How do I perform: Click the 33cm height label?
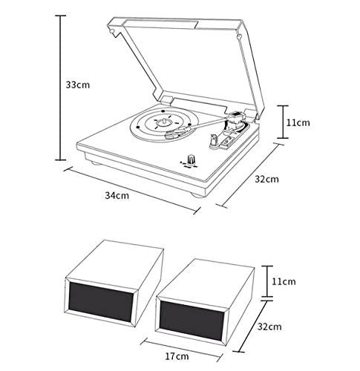click(x=78, y=85)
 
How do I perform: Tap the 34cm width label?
click(x=117, y=195)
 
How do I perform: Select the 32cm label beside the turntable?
click(x=266, y=179)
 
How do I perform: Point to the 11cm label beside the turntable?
click(x=298, y=122)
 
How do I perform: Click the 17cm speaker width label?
click(x=177, y=356)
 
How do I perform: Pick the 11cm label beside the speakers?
click(x=284, y=281)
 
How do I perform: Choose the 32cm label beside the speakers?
click(x=269, y=326)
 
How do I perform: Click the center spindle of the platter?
click(x=164, y=122)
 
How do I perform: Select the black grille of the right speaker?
click(x=192, y=320)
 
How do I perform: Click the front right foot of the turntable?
click(x=198, y=195)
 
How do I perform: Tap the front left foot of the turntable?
click(x=95, y=162)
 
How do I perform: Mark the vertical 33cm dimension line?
click(x=60, y=88)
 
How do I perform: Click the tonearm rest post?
click(x=213, y=140)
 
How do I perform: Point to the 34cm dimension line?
click(x=132, y=190)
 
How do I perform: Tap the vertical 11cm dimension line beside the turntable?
click(x=282, y=122)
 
